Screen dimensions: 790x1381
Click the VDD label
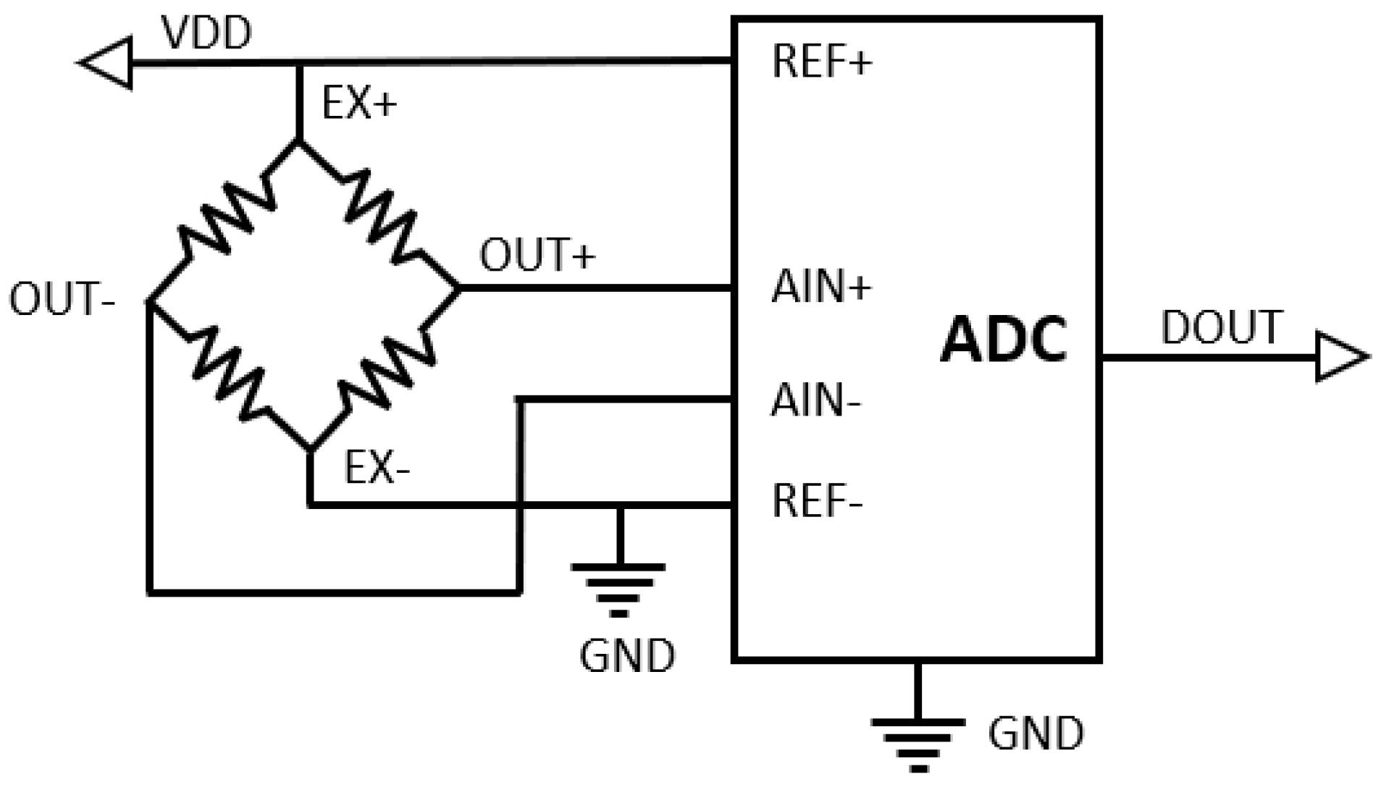point(206,33)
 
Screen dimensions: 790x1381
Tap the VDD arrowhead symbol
point(107,62)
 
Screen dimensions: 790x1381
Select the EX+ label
point(359,103)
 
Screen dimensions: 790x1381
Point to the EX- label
point(377,468)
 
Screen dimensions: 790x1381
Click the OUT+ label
point(537,255)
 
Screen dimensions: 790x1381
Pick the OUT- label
point(62,299)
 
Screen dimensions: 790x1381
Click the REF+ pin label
point(822,61)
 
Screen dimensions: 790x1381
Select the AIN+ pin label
point(821,287)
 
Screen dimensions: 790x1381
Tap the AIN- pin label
point(815,400)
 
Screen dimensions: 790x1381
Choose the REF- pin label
point(817,500)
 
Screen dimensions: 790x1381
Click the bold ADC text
point(1004,339)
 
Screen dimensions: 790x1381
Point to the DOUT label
point(1222,327)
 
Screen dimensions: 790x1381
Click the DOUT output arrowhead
point(1340,357)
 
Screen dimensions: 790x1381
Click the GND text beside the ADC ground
point(1036,734)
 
